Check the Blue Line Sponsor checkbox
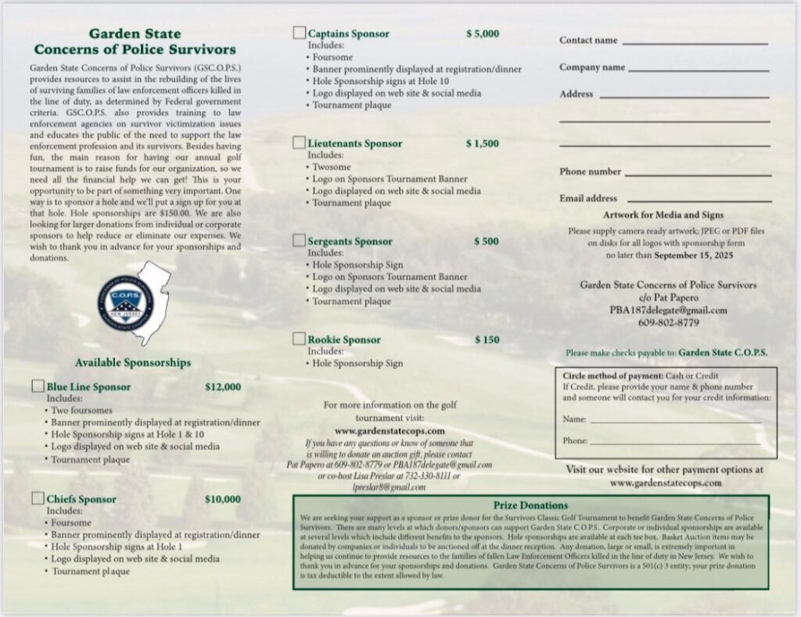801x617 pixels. (38, 386)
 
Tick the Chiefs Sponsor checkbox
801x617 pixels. (38, 499)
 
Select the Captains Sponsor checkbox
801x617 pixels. (299, 33)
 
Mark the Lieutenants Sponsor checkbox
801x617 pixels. (299, 143)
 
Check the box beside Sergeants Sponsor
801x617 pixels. (299, 241)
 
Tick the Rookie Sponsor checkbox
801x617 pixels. (299, 339)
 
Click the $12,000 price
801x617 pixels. (223, 386)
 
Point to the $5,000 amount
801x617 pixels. (482, 34)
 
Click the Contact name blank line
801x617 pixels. (695, 44)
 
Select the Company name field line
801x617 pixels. (699, 71)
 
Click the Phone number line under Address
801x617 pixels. (697, 175)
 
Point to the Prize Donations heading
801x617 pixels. (531, 505)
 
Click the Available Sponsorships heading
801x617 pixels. (133, 363)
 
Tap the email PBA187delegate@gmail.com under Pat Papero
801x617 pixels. (668, 310)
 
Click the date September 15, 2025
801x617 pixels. (695, 255)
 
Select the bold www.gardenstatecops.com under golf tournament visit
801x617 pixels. (390, 430)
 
